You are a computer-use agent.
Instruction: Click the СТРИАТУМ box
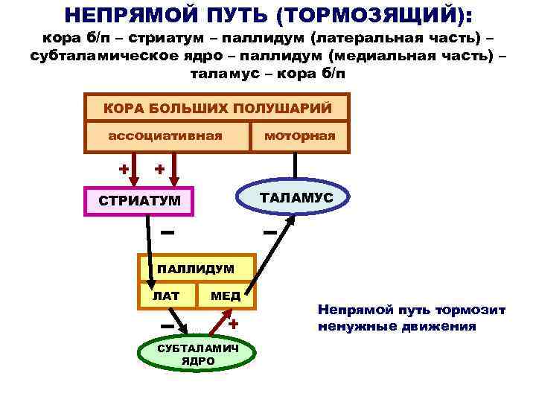point(139,200)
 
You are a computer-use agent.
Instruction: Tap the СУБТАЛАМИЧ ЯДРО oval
point(197,355)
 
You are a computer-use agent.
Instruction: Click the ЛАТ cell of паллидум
point(167,296)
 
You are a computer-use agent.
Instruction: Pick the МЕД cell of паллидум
point(225,296)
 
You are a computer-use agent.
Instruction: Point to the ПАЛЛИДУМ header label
point(195,268)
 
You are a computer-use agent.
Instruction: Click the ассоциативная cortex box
point(165,136)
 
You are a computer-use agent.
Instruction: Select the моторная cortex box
point(299,136)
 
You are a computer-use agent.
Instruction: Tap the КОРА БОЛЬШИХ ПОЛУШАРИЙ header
point(217,108)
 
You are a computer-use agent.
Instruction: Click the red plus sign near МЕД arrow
point(233,325)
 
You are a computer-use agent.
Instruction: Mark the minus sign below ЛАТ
point(167,326)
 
